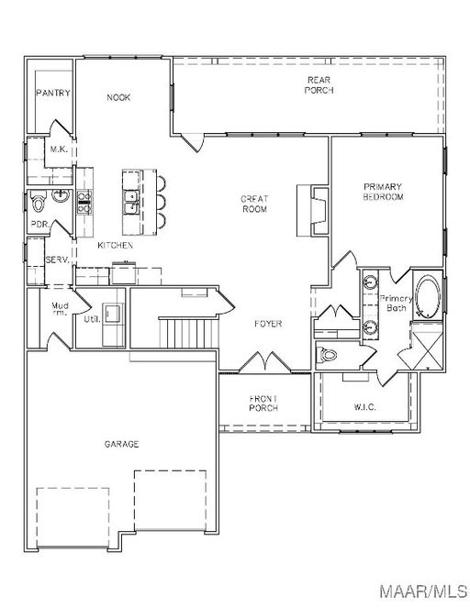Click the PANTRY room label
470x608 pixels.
[x=53, y=93]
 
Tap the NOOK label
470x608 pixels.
[x=118, y=97]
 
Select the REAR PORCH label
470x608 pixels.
[x=319, y=85]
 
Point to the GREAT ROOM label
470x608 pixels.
[x=254, y=204]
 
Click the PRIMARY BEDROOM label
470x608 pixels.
[x=383, y=192]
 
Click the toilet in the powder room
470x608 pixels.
[x=38, y=201]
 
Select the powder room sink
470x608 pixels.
[x=62, y=196]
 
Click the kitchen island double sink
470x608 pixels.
[x=131, y=202]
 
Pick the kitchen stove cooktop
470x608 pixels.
[x=84, y=202]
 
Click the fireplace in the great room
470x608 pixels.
[x=313, y=211]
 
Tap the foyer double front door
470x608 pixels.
[x=264, y=363]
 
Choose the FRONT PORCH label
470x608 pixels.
[x=263, y=403]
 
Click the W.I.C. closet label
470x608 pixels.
[x=364, y=407]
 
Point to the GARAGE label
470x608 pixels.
[x=121, y=444]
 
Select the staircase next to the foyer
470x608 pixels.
[x=188, y=333]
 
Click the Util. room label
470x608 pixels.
[x=92, y=319]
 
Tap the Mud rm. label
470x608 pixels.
[x=60, y=309]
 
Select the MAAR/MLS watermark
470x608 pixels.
[x=423, y=591]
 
